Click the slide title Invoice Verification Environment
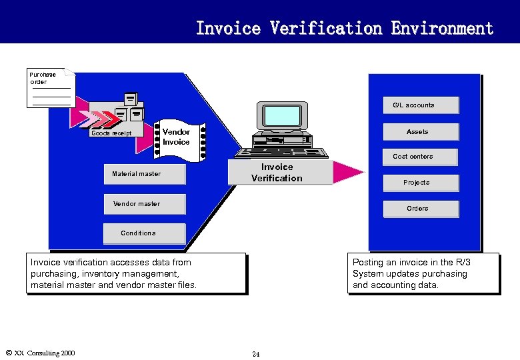coord(344,28)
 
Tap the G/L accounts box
coord(420,105)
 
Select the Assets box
coord(420,132)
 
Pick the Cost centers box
coord(420,157)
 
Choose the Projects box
coord(420,183)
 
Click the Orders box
coord(420,209)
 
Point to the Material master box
coord(144,175)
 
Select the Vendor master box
coord(144,204)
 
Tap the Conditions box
coord(144,233)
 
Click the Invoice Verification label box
coord(280,173)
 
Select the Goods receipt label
coord(111,134)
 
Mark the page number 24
coord(256,353)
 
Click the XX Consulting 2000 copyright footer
coord(40,353)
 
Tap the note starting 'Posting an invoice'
coord(423,274)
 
